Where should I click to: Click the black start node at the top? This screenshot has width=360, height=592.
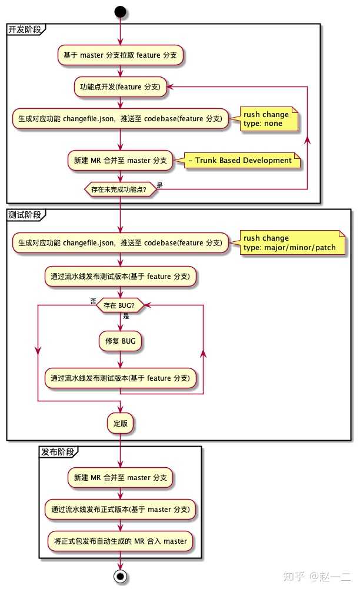click(x=121, y=11)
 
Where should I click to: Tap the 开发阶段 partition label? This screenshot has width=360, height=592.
click(x=23, y=29)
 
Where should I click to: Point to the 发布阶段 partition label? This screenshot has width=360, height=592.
click(x=57, y=452)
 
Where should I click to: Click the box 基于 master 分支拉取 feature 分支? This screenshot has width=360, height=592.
click(x=121, y=55)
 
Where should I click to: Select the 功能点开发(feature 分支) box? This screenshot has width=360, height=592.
click(x=121, y=87)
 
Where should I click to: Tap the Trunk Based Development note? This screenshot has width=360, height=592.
click(x=243, y=160)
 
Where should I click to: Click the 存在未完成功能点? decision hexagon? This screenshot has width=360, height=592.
click(x=121, y=189)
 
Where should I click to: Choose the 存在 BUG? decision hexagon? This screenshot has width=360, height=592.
click(x=121, y=305)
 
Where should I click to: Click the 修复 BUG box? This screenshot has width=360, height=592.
click(x=121, y=341)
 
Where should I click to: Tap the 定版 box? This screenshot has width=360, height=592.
click(x=121, y=423)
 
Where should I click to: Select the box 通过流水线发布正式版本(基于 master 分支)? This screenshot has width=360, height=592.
click(x=121, y=509)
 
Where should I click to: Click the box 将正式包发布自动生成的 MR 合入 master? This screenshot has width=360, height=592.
click(x=121, y=541)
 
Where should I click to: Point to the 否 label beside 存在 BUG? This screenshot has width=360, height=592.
click(x=93, y=301)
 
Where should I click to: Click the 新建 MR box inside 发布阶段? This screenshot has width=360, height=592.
click(x=121, y=477)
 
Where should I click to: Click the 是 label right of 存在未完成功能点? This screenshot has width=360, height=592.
click(x=160, y=185)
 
